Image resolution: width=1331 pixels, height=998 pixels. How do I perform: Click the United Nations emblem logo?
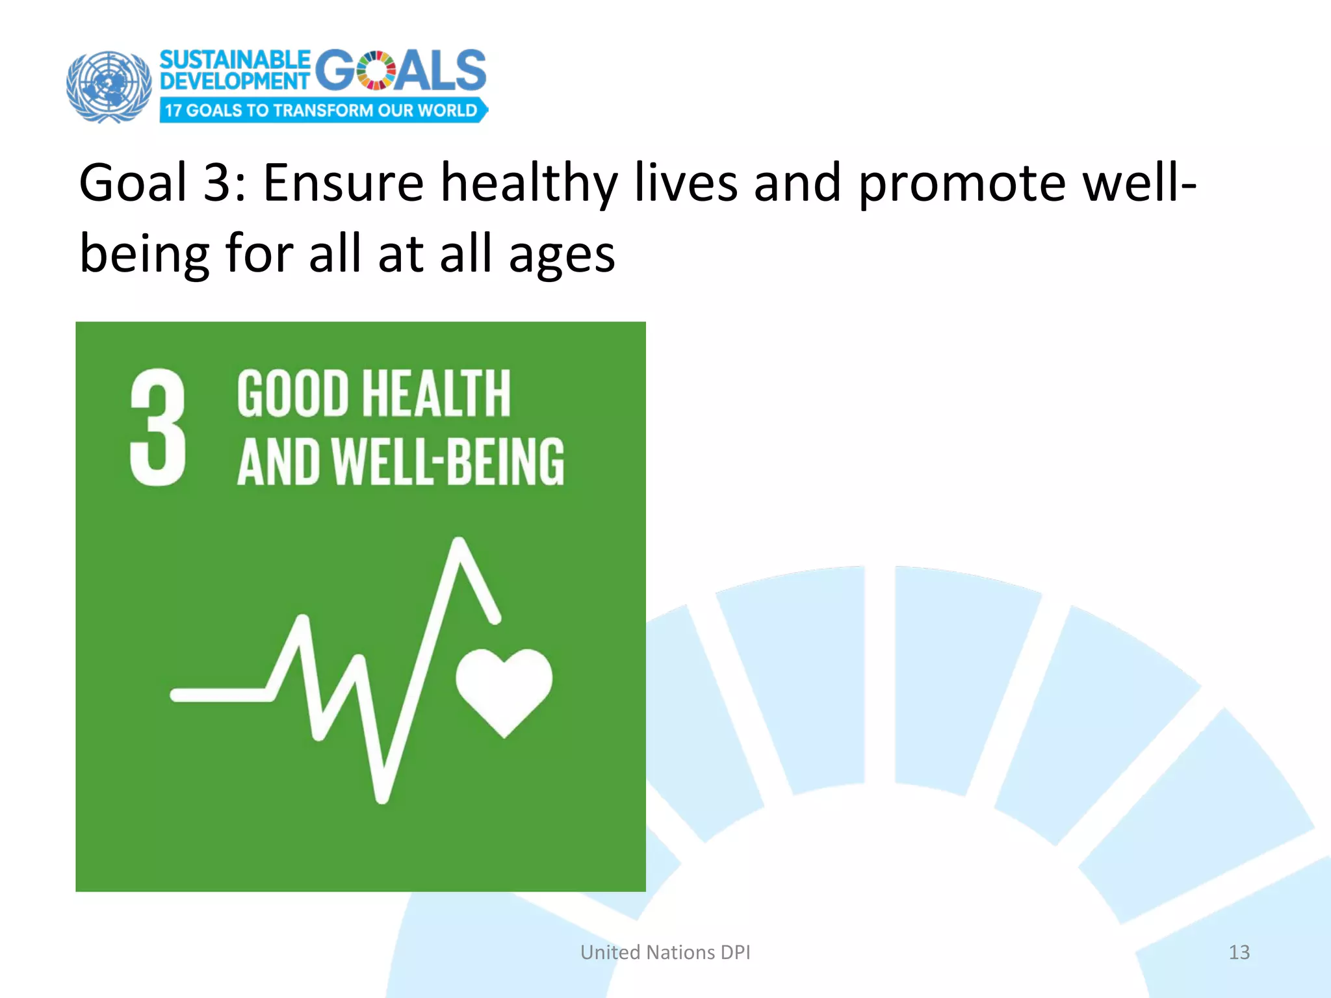point(109,86)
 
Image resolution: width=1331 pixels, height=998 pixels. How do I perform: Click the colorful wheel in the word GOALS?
point(376,71)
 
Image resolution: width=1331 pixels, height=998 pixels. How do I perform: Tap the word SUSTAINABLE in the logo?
point(235,60)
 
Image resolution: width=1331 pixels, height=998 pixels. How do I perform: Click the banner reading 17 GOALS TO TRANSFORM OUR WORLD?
point(322,110)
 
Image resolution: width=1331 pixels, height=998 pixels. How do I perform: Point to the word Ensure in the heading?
point(342,183)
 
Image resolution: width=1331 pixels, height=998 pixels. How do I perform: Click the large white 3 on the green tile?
point(158,427)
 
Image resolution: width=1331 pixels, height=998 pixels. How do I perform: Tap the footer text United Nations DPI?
point(665,952)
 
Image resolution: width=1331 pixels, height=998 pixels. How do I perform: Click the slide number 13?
point(1239,952)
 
